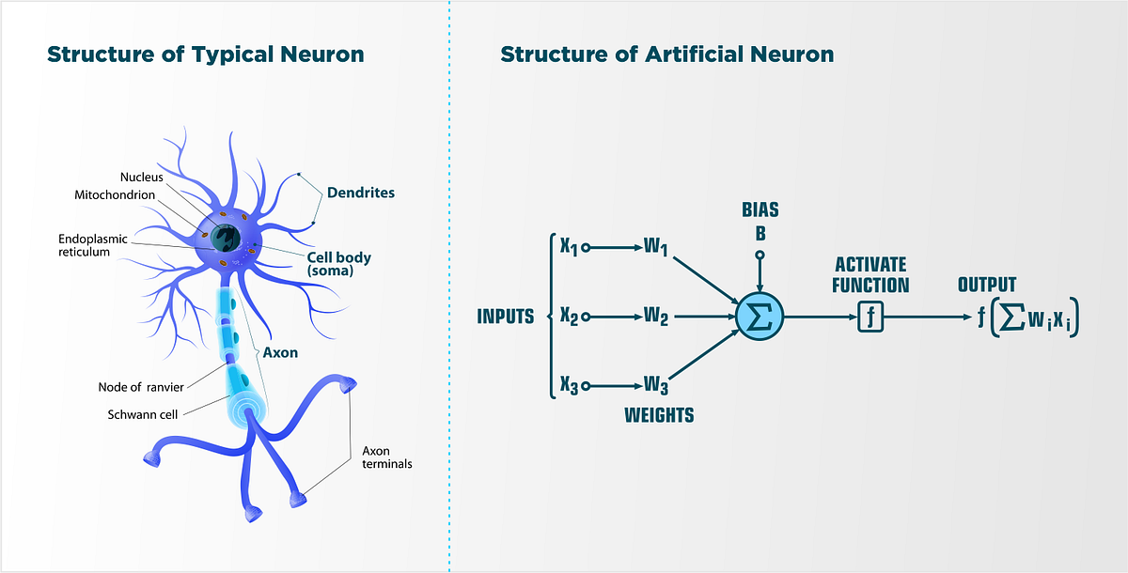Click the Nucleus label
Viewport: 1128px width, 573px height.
(142, 178)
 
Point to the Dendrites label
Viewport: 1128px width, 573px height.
(361, 193)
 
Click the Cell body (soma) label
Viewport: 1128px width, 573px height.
(338, 264)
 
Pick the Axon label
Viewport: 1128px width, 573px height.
(280, 353)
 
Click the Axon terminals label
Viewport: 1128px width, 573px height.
(387, 457)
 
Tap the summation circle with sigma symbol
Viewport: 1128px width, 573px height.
(759, 317)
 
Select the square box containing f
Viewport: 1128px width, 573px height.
(871, 317)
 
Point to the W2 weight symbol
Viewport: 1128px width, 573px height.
(656, 317)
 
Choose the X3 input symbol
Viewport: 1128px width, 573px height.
(568, 384)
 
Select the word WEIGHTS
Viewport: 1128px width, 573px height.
(659, 414)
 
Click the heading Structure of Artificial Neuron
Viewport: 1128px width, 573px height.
(666, 54)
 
